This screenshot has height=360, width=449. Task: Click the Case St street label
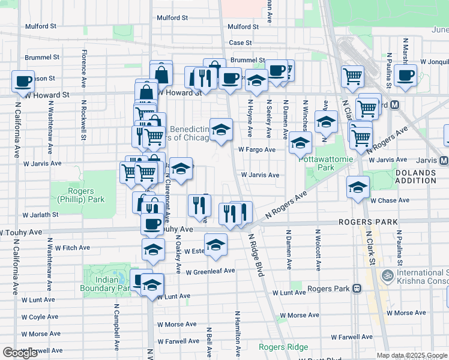click(240, 43)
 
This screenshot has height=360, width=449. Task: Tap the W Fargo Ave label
click(256, 149)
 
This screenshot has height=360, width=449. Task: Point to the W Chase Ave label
click(390, 200)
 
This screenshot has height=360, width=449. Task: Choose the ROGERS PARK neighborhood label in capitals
click(368, 222)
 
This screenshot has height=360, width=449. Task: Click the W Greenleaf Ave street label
click(209, 271)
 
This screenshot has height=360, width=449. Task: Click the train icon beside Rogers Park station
click(357, 289)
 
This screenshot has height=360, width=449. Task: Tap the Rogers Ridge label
click(283, 347)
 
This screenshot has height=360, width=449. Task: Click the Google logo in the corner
click(20, 353)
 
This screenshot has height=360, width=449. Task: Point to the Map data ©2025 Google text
click(412, 355)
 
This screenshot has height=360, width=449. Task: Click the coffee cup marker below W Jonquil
click(405, 75)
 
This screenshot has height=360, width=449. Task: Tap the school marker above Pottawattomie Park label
click(300, 143)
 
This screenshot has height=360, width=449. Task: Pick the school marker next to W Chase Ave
click(358, 187)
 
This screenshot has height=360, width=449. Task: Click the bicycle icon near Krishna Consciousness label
click(388, 276)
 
